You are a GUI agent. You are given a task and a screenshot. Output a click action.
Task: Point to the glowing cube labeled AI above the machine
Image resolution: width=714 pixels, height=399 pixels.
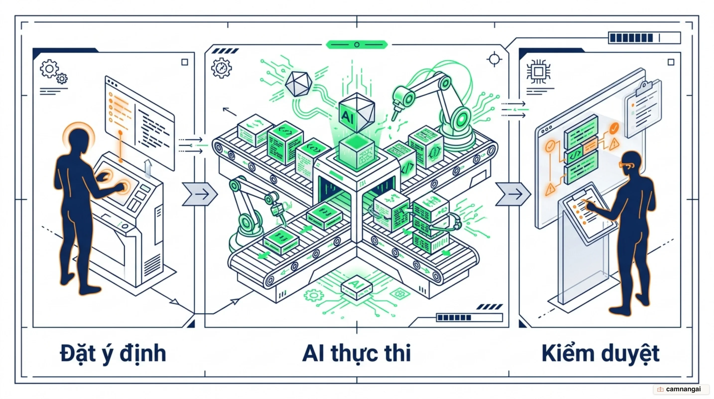point(357,112)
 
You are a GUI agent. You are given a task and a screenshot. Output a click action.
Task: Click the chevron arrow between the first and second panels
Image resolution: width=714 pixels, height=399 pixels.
point(200,194)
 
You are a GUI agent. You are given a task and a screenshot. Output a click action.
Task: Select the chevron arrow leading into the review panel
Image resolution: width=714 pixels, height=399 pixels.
point(513,194)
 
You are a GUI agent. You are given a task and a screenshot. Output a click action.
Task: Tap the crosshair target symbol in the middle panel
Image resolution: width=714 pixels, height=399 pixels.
point(494,59)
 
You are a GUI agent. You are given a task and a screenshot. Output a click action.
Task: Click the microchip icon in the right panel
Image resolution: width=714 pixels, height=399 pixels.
point(538,72)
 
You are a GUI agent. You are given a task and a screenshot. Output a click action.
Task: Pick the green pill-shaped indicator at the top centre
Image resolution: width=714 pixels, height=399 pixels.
point(357,44)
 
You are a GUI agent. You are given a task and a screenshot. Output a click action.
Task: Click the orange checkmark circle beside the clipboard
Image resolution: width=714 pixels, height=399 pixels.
point(614,128)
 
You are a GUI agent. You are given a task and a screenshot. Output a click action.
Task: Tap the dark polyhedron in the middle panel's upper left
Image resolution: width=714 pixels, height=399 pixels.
point(298,84)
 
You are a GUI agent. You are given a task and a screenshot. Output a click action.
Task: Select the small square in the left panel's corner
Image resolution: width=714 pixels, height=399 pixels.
point(185,62)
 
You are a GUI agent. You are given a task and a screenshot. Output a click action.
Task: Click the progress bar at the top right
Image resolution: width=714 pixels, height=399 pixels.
point(645,38)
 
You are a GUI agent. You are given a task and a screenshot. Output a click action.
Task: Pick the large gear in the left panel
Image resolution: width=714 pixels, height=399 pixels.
point(49,69)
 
